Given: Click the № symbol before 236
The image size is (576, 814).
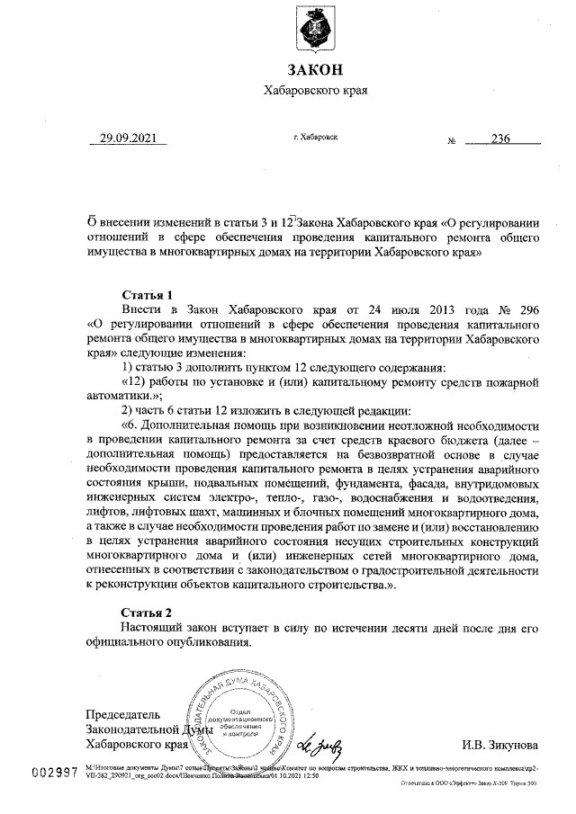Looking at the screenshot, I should click(x=453, y=142).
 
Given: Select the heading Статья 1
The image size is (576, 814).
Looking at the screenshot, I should click(x=146, y=294).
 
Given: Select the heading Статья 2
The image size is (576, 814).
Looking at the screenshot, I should click(x=146, y=612).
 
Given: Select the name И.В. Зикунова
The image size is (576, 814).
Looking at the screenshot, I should click(x=500, y=745).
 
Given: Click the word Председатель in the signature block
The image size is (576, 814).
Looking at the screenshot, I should click(x=122, y=714).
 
